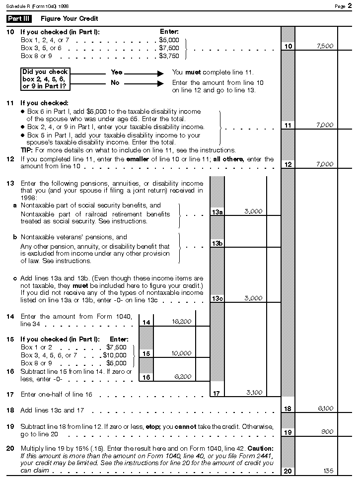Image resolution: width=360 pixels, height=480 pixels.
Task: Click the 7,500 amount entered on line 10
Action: coord(325,46)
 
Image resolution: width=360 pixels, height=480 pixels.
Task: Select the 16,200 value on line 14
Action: coord(181,322)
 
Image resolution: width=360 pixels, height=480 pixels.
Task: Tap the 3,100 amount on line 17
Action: coord(254,393)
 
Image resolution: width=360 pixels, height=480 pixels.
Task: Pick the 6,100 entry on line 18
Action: coord(325,409)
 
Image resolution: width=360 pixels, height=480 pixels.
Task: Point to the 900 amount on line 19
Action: coord(327,432)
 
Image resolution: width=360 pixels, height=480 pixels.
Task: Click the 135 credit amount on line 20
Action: coord(327,471)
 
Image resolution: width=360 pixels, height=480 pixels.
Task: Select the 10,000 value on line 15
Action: coord(181,353)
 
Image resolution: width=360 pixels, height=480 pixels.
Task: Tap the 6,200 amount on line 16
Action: coord(183,377)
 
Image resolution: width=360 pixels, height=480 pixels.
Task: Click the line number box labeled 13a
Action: coord(217,212)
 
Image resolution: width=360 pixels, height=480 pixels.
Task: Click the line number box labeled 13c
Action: coord(217,298)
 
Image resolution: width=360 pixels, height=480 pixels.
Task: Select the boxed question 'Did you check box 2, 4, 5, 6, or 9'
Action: coord(46,79)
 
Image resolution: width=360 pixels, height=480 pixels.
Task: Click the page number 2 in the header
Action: coord(350,5)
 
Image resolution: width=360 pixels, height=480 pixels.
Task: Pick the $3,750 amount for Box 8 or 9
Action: coord(169,56)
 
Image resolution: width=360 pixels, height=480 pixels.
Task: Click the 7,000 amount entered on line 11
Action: coord(325,125)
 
